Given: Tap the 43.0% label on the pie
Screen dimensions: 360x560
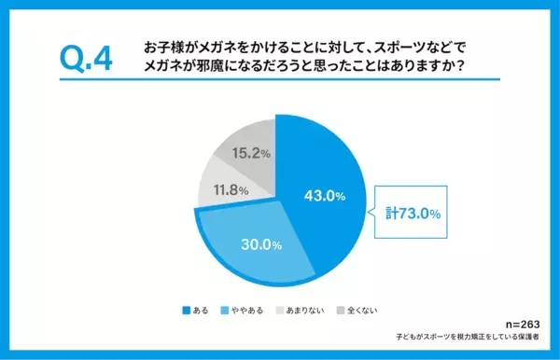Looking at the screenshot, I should (x=325, y=196).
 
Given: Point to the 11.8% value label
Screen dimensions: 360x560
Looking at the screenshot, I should (x=226, y=191).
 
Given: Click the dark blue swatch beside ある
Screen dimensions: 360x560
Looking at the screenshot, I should (x=187, y=309).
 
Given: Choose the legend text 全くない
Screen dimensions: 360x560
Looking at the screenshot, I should (x=362, y=309).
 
